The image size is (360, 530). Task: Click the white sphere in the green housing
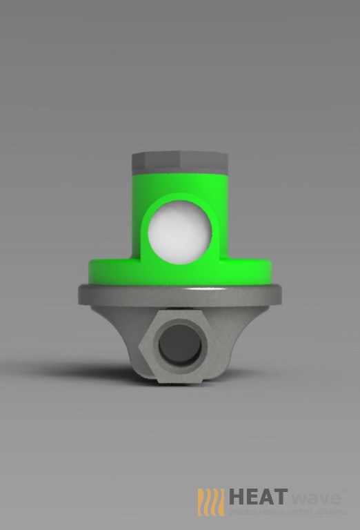179,233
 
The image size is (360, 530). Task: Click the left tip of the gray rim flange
80,295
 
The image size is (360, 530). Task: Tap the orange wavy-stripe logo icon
210,502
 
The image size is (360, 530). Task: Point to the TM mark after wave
345,491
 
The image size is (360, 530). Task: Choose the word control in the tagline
298,513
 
